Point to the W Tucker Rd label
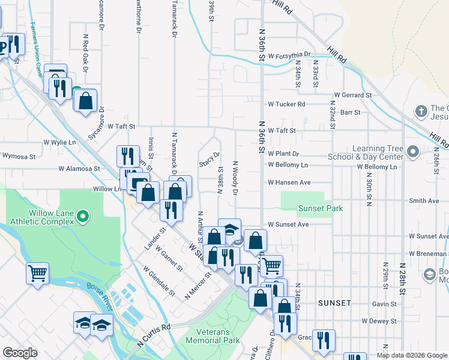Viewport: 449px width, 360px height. click(x=286, y=104)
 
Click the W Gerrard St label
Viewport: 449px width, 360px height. click(x=353, y=95)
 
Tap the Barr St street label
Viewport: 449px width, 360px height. click(x=350, y=112)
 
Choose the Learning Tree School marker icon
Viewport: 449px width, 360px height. click(x=412, y=150)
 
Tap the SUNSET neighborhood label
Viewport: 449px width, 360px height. click(x=334, y=303)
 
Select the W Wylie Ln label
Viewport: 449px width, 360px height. click(x=59, y=142)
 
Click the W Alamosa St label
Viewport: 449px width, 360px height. click(x=79, y=169)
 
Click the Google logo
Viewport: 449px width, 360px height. click(x=20, y=353)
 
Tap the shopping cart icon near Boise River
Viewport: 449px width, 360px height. click(x=37, y=273)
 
